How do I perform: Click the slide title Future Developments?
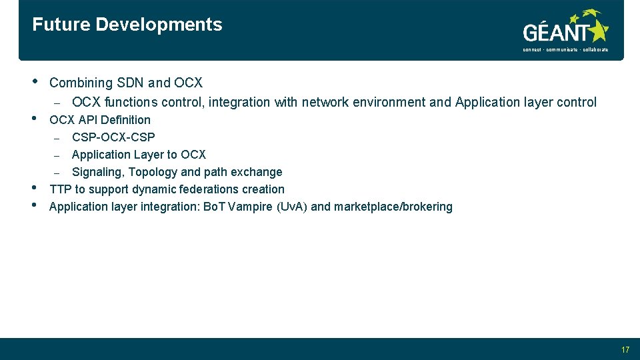pyautogui.click(x=127, y=25)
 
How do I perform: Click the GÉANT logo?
pyautogui.click(x=565, y=29)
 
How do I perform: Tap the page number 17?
pyautogui.click(x=625, y=350)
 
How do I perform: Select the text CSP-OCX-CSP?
pyautogui.click(x=113, y=137)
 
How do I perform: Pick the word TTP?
pyautogui.click(x=61, y=189)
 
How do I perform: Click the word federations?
pyautogui.click(x=215, y=189)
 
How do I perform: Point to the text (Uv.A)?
pyautogui.click(x=292, y=207)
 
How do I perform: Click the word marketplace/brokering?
pyautogui.click(x=393, y=207)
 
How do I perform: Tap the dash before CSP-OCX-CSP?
pyautogui.click(x=57, y=138)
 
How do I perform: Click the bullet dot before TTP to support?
pyautogui.click(x=35, y=189)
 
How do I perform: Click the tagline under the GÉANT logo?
pyautogui.click(x=565, y=50)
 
